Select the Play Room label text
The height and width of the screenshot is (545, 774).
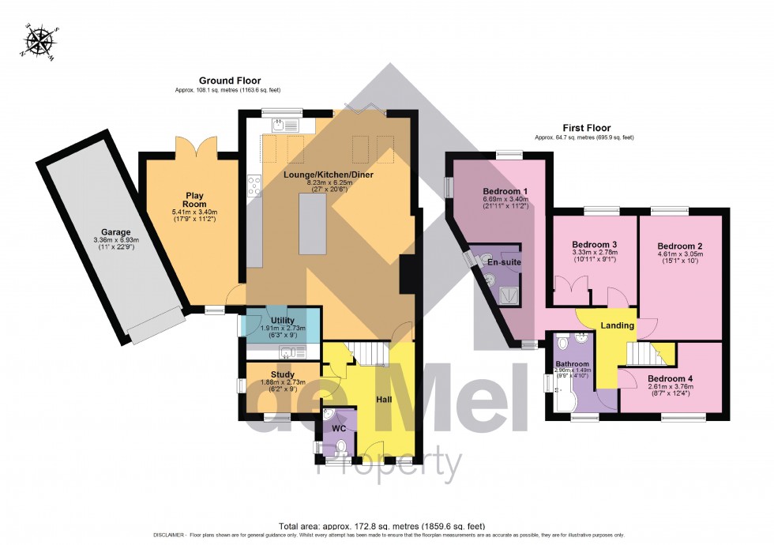click(x=195, y=200)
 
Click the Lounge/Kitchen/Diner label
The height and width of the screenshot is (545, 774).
click(x=330, y=174)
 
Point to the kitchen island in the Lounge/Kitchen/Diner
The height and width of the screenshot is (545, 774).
click(x=313, y=224)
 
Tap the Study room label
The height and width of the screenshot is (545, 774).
click(x=282, y=374)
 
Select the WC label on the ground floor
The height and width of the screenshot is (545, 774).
click(x=340, y=427)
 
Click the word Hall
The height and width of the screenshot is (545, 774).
click(x=384, y=400)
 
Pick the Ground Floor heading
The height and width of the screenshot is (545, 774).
click(x=230, y=81)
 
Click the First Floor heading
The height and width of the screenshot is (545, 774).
click(x=586, y=128)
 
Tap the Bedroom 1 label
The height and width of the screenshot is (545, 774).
click(x=505, y=192)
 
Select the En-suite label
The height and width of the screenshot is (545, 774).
click(x=502, y=262)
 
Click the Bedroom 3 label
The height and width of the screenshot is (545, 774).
click(x=595, y=244)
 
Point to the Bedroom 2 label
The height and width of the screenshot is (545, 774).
click(x=680, y=246)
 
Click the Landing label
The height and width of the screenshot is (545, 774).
click(x=617, y=325)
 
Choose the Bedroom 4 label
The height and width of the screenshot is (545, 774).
click(x=670, y=379)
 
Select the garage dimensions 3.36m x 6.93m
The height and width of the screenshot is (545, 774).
click(x=116, y=241)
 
